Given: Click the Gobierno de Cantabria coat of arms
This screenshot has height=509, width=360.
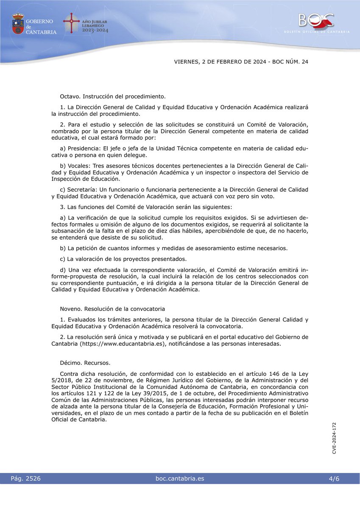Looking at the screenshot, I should [18, 24].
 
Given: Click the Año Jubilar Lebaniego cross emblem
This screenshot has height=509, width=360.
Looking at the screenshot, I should [71, 23].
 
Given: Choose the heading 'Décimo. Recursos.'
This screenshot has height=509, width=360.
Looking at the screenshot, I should [85, 363].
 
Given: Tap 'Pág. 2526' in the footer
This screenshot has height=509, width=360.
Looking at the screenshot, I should [26, 478].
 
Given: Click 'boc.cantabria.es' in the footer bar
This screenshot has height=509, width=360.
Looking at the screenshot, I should [180, 478].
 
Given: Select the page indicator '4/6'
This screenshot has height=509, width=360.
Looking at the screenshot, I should [334, 478].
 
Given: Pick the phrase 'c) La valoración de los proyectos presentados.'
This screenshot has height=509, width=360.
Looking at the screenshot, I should [124, 258].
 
